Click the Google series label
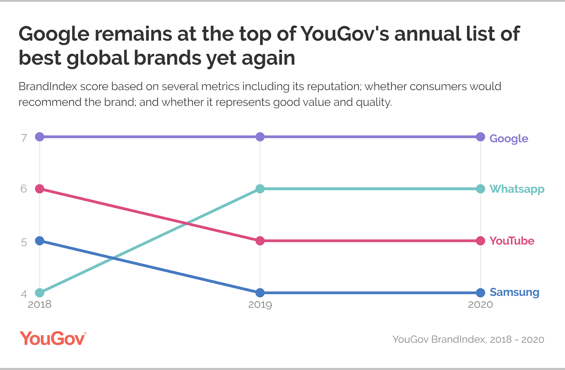509,139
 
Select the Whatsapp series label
517,189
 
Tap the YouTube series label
512,241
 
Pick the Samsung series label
514,292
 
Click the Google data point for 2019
260,137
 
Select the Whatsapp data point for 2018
40,293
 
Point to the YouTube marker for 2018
40,189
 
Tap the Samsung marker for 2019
260,293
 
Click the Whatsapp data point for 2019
260,189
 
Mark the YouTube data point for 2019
260,241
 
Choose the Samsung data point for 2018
40,241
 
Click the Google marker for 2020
480,137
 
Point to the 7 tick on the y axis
24,138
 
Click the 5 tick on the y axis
24,242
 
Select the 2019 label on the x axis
260,304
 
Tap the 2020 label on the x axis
480,304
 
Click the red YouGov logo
53,339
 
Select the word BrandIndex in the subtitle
48,86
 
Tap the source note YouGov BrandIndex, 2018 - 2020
468,339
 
